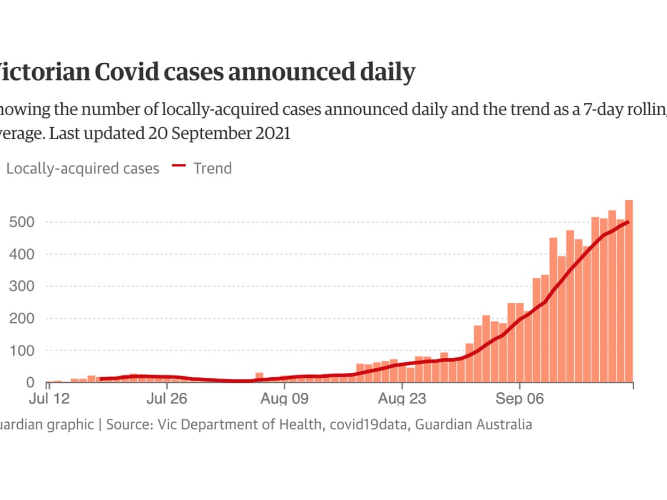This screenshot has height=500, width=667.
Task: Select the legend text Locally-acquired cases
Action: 83,168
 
